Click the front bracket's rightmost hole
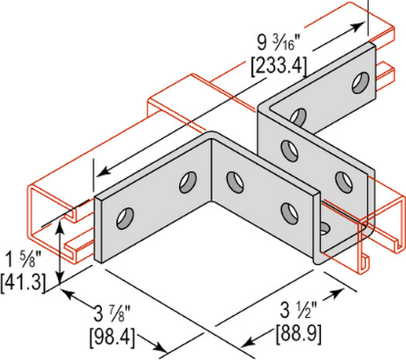pyautogui.click(x=291, y=209)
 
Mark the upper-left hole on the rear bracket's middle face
pyautogui.click(x=290, y=149)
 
